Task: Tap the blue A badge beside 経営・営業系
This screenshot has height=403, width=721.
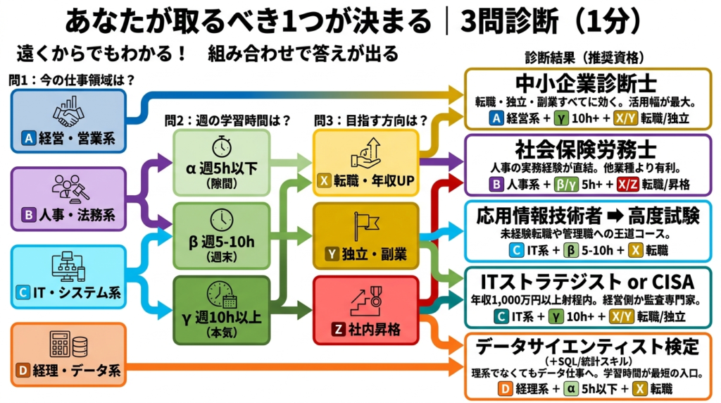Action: click(29, 139)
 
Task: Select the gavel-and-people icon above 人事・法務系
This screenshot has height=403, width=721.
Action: click(68, 189)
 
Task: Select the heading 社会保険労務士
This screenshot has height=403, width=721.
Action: click(586, 151)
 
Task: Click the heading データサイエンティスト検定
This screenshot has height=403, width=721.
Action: click(586, 347)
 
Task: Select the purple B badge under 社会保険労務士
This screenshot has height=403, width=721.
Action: click(497, 185)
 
